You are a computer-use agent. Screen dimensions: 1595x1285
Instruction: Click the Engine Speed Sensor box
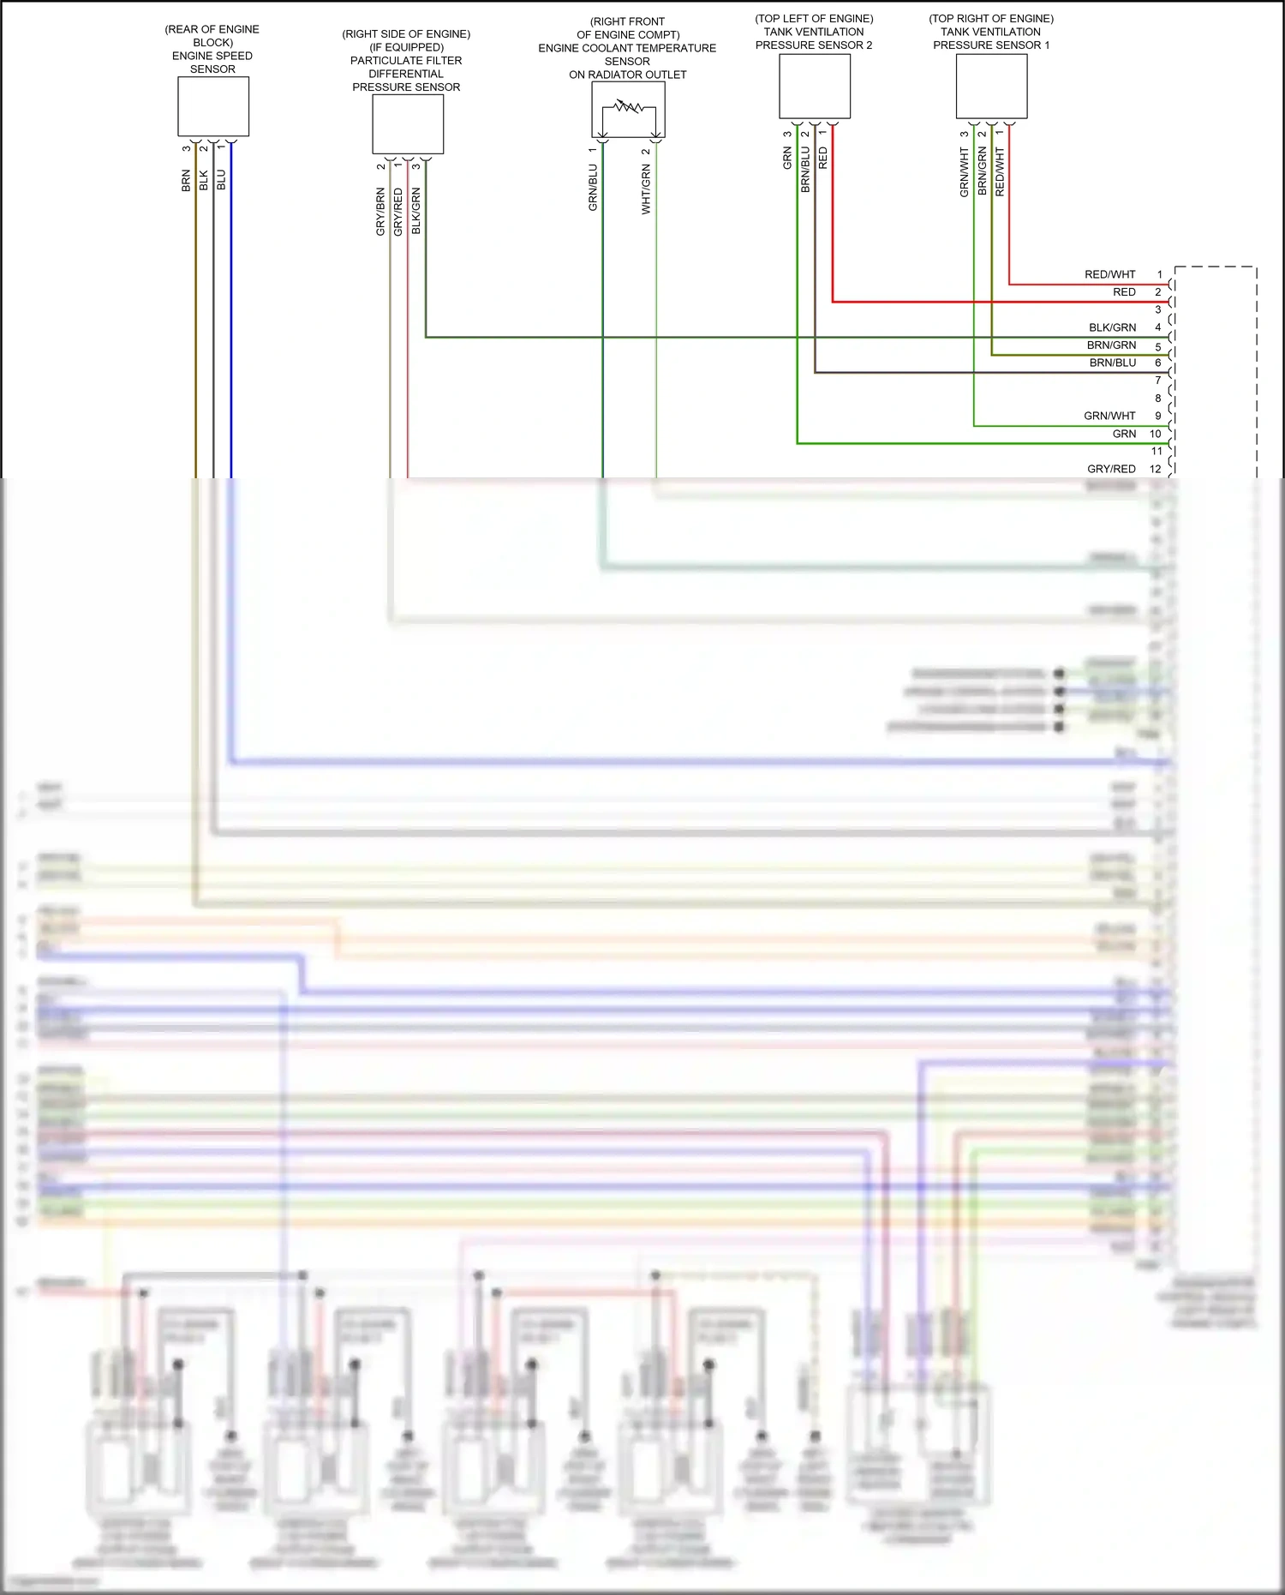click(x=213, y=106)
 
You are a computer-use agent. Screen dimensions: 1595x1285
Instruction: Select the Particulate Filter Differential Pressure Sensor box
click(x=408, y=124)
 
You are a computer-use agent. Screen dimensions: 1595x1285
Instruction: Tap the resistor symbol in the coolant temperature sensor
click(x=629, y=107)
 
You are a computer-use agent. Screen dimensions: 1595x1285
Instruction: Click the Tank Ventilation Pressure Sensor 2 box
click(x=815, y=86)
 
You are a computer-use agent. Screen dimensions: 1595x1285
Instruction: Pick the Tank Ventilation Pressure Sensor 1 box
click(x=991, y=86)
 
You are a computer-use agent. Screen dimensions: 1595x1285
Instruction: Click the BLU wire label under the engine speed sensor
click(x=221, y=180)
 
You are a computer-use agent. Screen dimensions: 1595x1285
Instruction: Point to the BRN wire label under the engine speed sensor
click(x=186, y=180)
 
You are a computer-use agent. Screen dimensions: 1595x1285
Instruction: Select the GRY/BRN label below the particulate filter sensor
click(x=380, y=212)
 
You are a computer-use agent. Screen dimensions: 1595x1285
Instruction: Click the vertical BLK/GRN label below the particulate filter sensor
click(x=416, y=212)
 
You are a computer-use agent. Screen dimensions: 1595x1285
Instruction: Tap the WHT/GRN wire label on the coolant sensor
click(x=646, y=190)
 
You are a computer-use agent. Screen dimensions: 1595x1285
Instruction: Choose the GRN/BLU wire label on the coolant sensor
click(x=593, y=189)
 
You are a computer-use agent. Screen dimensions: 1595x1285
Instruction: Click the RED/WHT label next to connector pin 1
click(x=1109, y=274)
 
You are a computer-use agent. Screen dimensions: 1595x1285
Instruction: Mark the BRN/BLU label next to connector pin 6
click(x=1112, y=363)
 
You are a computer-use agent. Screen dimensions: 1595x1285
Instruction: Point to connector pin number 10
click(x=1156, y=434)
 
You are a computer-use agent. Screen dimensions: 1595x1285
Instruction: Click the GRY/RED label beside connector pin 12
click(x=1111, y=469)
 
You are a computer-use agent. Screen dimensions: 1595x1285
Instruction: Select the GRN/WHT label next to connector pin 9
click(x=1109, y=416)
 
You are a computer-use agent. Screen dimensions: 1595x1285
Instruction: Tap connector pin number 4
click(x=1158, y=327)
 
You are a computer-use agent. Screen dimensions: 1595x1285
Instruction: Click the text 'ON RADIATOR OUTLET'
click(x=628, y=75)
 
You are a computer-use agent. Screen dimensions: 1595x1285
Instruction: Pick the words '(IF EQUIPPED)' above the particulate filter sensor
click(x=406, y=47)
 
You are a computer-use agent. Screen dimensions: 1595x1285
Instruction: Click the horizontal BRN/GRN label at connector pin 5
click(x=1111, y=345)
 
